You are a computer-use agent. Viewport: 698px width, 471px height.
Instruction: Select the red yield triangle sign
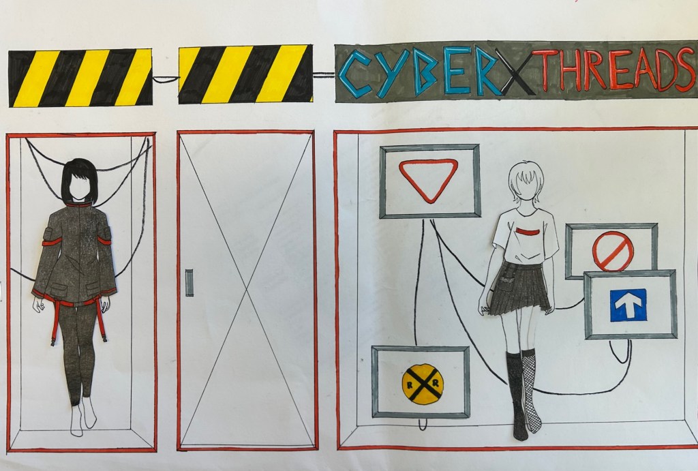pyautogui.click(x=428, y=181)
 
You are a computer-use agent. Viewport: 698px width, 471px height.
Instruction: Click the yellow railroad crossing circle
pyautogui.click(x=423, y=382)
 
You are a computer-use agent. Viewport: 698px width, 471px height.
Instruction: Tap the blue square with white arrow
pyautogui.click(x=628, y=305)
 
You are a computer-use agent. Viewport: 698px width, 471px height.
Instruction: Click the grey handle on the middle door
pyautogui.click(x=189, y=283)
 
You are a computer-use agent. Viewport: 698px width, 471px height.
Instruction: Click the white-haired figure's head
pyautogui.click(x=527, y=183)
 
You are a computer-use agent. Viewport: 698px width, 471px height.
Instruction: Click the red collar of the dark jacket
pyautogui.click(x=78, y=204)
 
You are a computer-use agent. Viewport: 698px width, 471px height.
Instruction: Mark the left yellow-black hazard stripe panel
pyautogui.click(x=80, y=78)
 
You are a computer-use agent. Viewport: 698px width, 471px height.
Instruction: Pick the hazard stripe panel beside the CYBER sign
pyautogui.click(x=245, y=74)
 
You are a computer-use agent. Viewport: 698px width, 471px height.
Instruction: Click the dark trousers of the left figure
pyautogui.click(x=78, y=352)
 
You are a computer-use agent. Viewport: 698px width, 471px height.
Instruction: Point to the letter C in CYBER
pyautogui.click(x=354, y=74)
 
